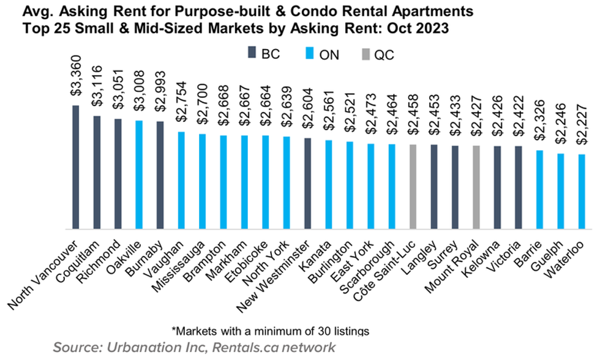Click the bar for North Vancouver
(76, 167)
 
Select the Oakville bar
(139, 174)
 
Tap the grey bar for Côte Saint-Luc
(413, 187)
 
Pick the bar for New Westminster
(307, 183)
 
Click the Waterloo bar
(581, 191)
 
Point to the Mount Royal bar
(476, 187)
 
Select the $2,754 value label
(181, 106)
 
